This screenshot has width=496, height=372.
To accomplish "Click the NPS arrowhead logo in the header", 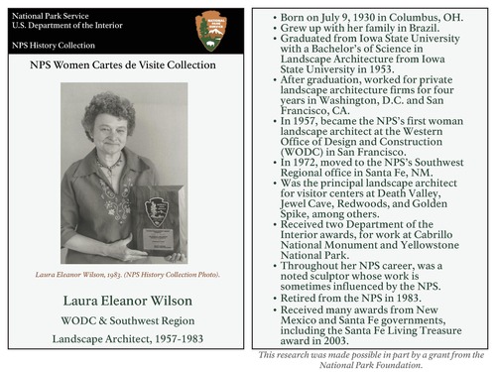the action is point(212,31).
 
